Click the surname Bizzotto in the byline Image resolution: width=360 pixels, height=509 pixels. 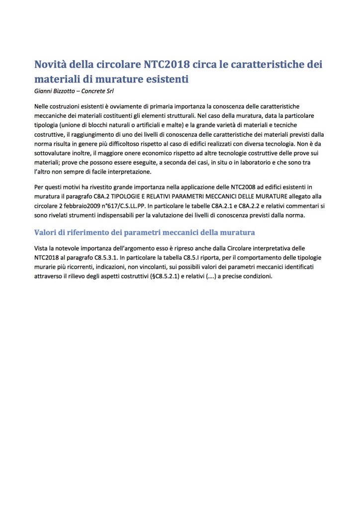(68, 90)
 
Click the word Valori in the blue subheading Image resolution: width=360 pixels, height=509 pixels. (47, 232)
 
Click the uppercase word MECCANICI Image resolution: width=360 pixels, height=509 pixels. (227, 196)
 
